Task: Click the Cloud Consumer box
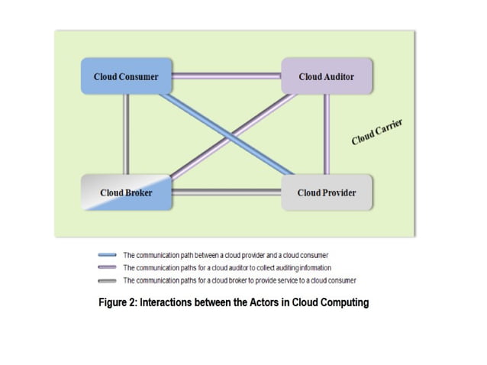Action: (x=126, y=76)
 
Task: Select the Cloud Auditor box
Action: (x=327, y=76)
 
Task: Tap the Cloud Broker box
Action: (x=126, y=192)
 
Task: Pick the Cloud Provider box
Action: (x=327, y=192)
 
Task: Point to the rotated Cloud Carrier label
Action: (x=377, y=131)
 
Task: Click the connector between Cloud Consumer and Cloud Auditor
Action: (x=227, y=76)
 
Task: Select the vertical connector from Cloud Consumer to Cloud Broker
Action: (x=126, y=134)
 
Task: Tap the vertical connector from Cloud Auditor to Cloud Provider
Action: (x=327, y=134)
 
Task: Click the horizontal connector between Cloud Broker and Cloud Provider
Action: (x=227, y=192)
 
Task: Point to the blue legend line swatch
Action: (x=107, y=255)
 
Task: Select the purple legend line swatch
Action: (x=107, y=267)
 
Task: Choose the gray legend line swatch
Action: (x=107, y=281)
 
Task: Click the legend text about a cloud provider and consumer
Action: (x=225, y=255)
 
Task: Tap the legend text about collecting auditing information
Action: (x=227, y=268)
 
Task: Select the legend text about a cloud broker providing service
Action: (x=240, y=280)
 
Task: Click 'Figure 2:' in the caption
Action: (x=118, y=302)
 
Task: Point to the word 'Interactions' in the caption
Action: (x=166, y=302)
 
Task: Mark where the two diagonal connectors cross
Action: (x=231, y=137)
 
